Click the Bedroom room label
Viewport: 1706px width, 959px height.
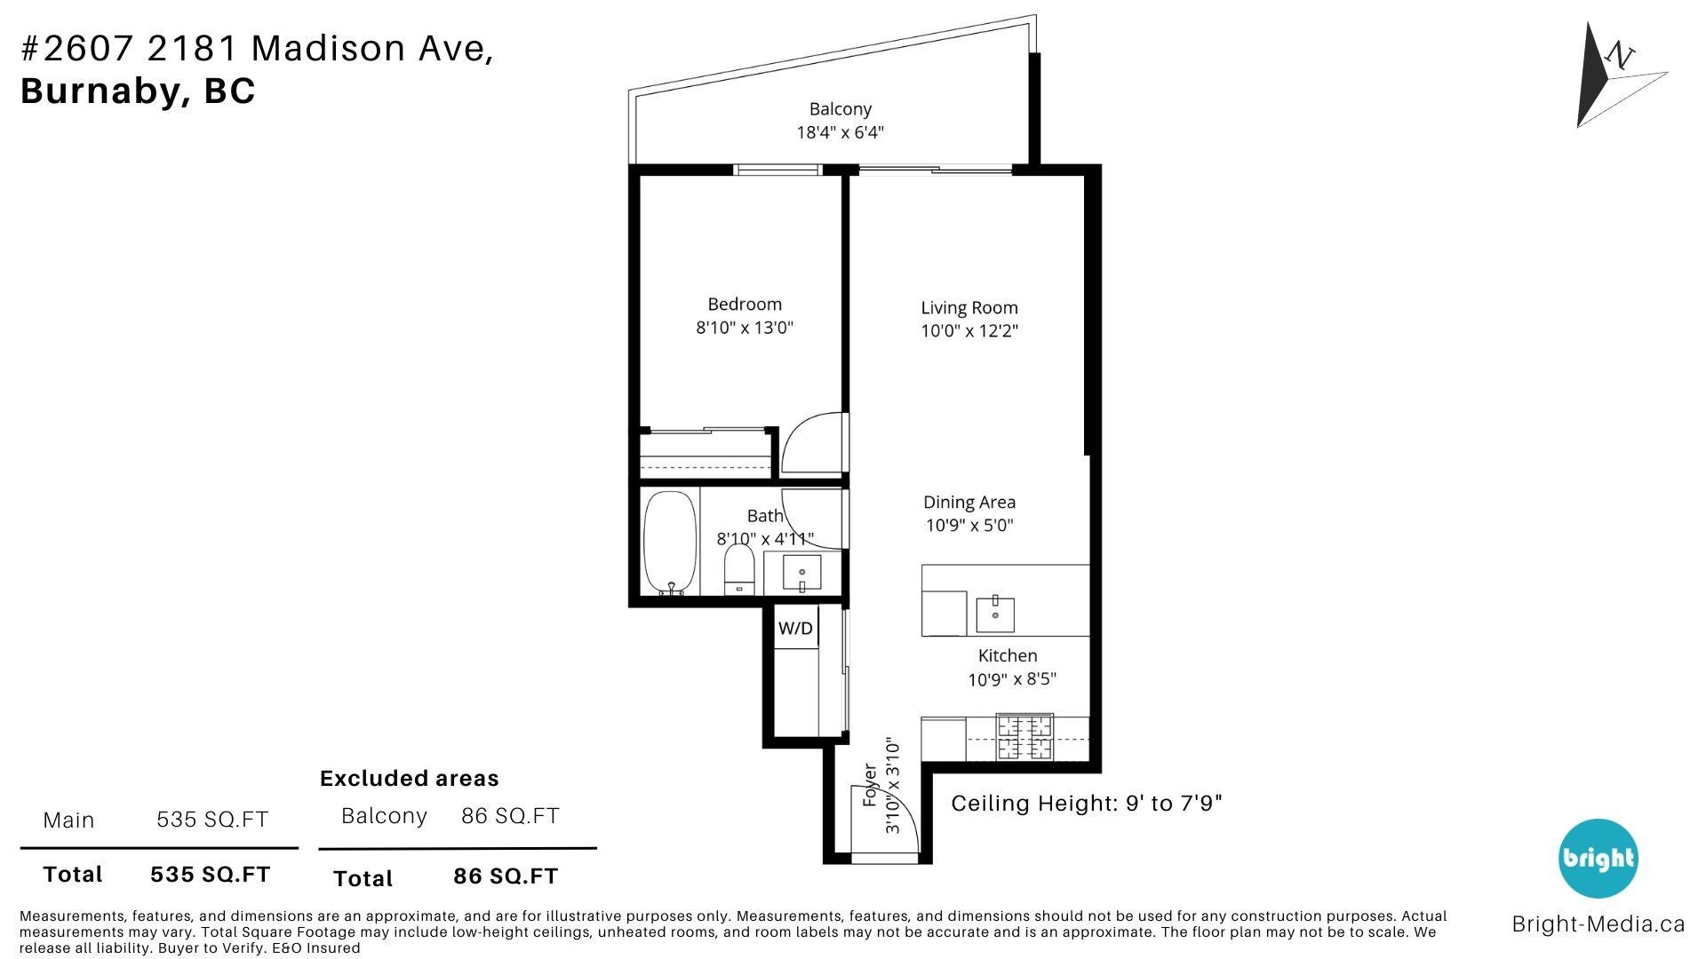click(744, 305)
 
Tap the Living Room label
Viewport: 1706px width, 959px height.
click(969, 308)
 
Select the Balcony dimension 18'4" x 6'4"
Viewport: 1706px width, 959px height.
click(840, 133)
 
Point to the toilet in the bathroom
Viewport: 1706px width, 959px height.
click(738, 569)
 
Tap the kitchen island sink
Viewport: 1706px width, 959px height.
click(995, 613)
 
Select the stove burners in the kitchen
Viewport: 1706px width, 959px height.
click(1024, 738)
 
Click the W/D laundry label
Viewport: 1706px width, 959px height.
click(795, 629)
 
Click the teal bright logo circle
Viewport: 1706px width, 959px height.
click(1598, 858)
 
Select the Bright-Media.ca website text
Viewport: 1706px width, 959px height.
click(1598, 924)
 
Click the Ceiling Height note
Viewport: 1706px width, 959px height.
click(1086, 804)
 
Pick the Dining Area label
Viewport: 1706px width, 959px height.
click(969, 503)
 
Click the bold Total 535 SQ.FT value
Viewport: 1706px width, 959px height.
click(210, 875)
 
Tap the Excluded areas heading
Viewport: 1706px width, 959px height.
click(409, 779)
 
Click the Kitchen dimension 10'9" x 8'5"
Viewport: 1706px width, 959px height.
click(1011, 680)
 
